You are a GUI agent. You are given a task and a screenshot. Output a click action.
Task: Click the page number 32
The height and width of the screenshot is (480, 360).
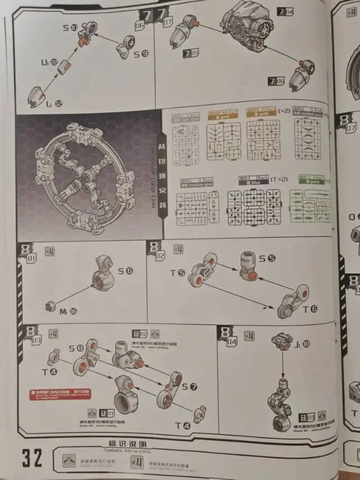pos(32,456)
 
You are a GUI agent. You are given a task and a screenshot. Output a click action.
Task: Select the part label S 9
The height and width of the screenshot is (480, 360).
pos(141,54)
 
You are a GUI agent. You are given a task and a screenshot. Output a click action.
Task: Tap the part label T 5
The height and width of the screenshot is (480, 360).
pos(178,273)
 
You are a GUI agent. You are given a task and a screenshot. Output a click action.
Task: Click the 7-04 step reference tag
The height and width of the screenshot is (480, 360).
pos(285,11)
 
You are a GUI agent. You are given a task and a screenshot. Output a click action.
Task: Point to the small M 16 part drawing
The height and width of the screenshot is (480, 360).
pos(49,306)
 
